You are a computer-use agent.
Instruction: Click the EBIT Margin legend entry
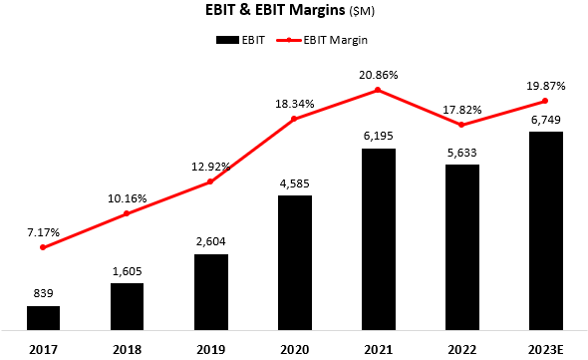point(318,40)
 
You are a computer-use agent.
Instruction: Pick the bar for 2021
point(378,238)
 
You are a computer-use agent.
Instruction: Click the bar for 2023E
point(545,230)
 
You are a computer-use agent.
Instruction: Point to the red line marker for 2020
point(294,119)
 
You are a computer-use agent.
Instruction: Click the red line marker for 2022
point(461,125)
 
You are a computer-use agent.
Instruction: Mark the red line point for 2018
point(127,213)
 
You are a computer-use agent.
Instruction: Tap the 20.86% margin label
point(378,73)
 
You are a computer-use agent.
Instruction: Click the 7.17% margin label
point(43,231)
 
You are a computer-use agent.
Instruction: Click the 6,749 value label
point(545,120)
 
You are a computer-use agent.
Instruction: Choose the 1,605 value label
point(127,271)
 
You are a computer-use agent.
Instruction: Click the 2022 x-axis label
point(461,348)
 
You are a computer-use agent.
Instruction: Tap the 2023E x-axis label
point(545,348)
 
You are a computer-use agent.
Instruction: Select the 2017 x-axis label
point(43,348)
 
